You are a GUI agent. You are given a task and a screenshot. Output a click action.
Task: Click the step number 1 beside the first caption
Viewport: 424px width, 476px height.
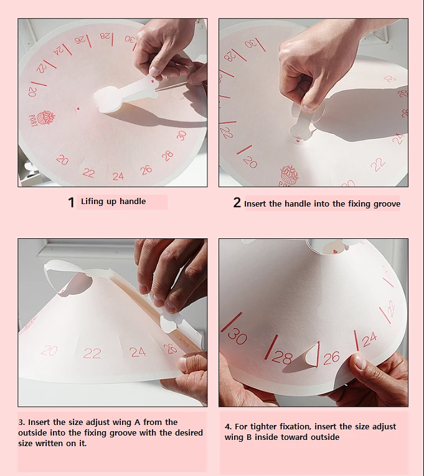click(71, 202)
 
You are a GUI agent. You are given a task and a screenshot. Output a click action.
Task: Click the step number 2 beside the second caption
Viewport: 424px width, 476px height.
click(237, 203)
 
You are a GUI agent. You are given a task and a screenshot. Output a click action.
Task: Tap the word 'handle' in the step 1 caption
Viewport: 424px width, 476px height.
click(133, 202)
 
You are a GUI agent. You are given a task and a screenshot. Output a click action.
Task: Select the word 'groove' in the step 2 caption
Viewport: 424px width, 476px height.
click(386, 203)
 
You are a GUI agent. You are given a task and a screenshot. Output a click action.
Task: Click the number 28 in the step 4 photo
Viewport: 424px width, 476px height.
click(282, 358)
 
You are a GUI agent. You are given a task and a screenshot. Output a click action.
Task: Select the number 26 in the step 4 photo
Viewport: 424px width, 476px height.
click(331, 357)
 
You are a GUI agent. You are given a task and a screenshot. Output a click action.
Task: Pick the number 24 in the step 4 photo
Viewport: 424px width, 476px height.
click(369, 339)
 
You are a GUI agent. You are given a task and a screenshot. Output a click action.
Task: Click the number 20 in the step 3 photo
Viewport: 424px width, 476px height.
click(49, 351)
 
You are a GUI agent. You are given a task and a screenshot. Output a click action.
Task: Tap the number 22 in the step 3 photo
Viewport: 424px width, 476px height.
click(92, 353)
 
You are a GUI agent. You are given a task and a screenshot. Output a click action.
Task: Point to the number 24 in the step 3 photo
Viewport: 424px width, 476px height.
click(138, 352)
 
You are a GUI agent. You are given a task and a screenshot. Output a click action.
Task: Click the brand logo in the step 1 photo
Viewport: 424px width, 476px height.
click(46, 118)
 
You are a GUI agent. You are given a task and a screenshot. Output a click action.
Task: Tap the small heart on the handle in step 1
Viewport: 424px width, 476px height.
click(153, 81)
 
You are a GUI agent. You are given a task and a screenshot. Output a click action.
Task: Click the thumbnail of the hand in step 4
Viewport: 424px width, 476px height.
click(359, 362)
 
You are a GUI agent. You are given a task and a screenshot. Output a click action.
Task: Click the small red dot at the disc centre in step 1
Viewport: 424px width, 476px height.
click(78, 109)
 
